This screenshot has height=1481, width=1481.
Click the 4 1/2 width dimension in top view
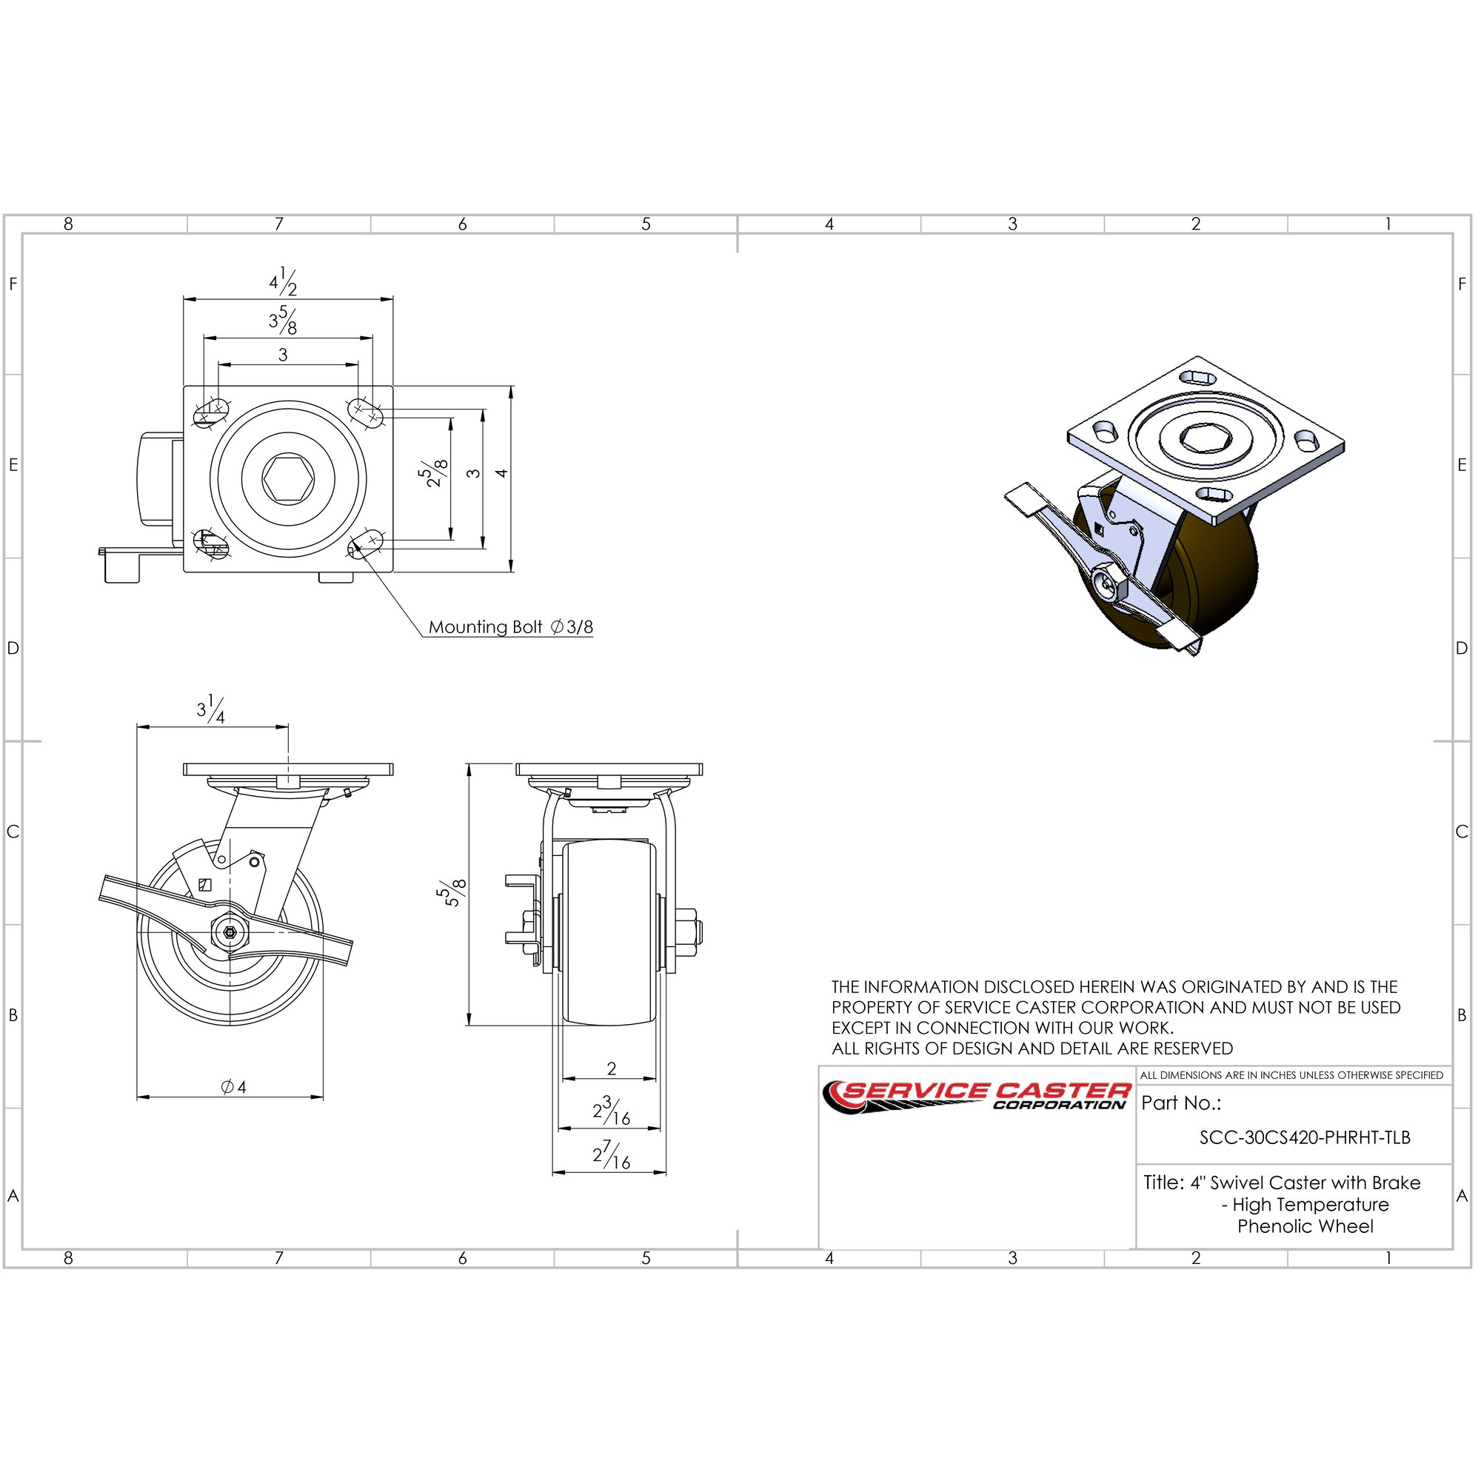[x=283, y=282]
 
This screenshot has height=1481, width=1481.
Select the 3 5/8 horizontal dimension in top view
[x=283, y=321]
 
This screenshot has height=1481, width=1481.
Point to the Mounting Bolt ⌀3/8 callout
[x=510, y=627]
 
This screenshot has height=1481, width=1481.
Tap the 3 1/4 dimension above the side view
[x=211, y=709]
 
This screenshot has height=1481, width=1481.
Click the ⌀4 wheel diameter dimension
[x=233, y=1087]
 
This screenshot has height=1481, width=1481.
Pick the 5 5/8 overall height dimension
[x=452, y=893]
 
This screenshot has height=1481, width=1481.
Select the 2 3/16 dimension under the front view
[x=611, y=1111]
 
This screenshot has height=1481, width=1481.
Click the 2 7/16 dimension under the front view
[x=611, y=1154]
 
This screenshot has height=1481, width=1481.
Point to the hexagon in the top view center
[x=288, y=478]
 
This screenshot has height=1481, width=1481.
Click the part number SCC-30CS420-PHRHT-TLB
[x=1305, y=1137]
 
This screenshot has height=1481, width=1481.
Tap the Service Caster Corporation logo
[x=976, y=1097]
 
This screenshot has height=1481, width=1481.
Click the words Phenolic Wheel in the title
[x=1306, y=1226]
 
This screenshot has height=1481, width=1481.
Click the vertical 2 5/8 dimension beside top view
[x=435, y=474]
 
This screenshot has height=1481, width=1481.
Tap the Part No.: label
[x=1180, y=1103]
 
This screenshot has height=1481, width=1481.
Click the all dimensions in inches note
[x=1291, y=1075]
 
